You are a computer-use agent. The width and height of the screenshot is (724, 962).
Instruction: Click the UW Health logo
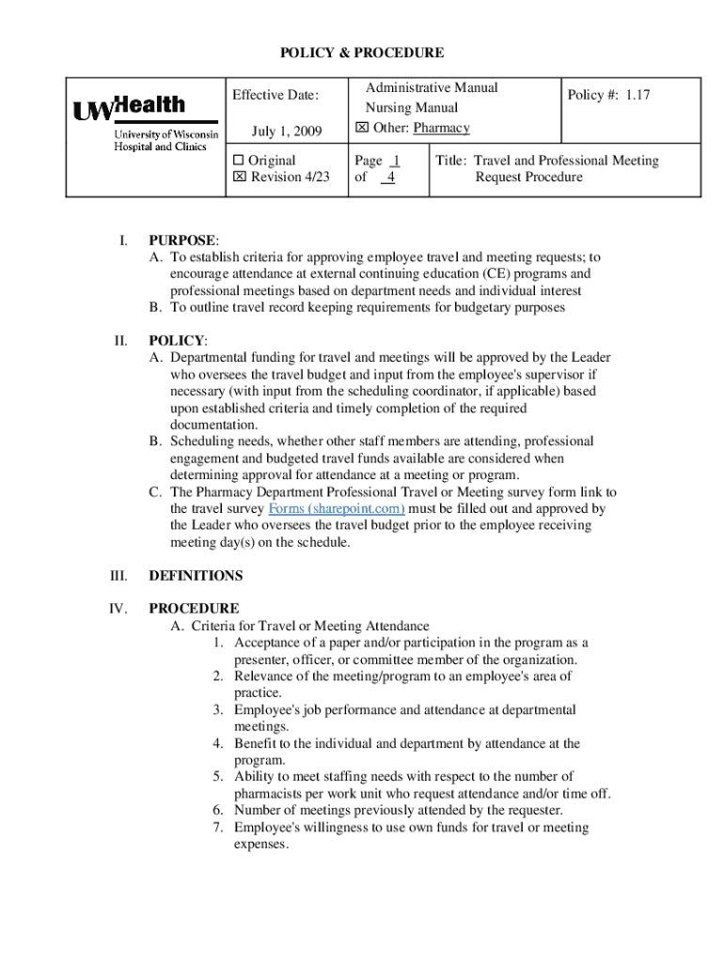tap(145, 124)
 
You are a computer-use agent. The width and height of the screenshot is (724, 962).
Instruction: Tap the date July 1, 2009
tap(287, 130)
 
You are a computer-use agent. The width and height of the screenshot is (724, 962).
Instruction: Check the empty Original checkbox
tap(238, 161)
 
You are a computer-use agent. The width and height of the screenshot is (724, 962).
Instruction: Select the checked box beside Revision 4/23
tap(238, 178)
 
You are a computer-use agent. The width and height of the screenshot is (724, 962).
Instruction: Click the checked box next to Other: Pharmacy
tap(362, 128)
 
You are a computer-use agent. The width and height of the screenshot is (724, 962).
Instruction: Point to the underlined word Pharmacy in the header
tap(442, 128)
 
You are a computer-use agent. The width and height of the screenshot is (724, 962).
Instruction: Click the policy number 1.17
tap(638, 95)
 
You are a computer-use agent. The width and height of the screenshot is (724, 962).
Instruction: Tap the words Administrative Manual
tap(432, 87)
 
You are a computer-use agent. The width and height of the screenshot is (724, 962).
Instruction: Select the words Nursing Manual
tap(412, 108)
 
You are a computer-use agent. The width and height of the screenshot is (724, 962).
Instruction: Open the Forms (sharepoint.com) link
tap(337, 509)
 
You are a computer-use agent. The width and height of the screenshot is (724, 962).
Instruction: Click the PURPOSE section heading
tap(182, 240)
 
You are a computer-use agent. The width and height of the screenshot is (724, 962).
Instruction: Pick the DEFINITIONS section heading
tap(196, 576)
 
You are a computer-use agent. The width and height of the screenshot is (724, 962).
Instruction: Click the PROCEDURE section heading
tap(194, 609)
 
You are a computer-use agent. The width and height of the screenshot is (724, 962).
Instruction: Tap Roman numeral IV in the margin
tap(118, 609)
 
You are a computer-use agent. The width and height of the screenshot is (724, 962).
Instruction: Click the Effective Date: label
tap(275, 95)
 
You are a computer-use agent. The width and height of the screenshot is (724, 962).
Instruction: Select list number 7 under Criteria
tap(217, 828)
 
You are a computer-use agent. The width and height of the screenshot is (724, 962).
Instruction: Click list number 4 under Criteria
tap(217, 744)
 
